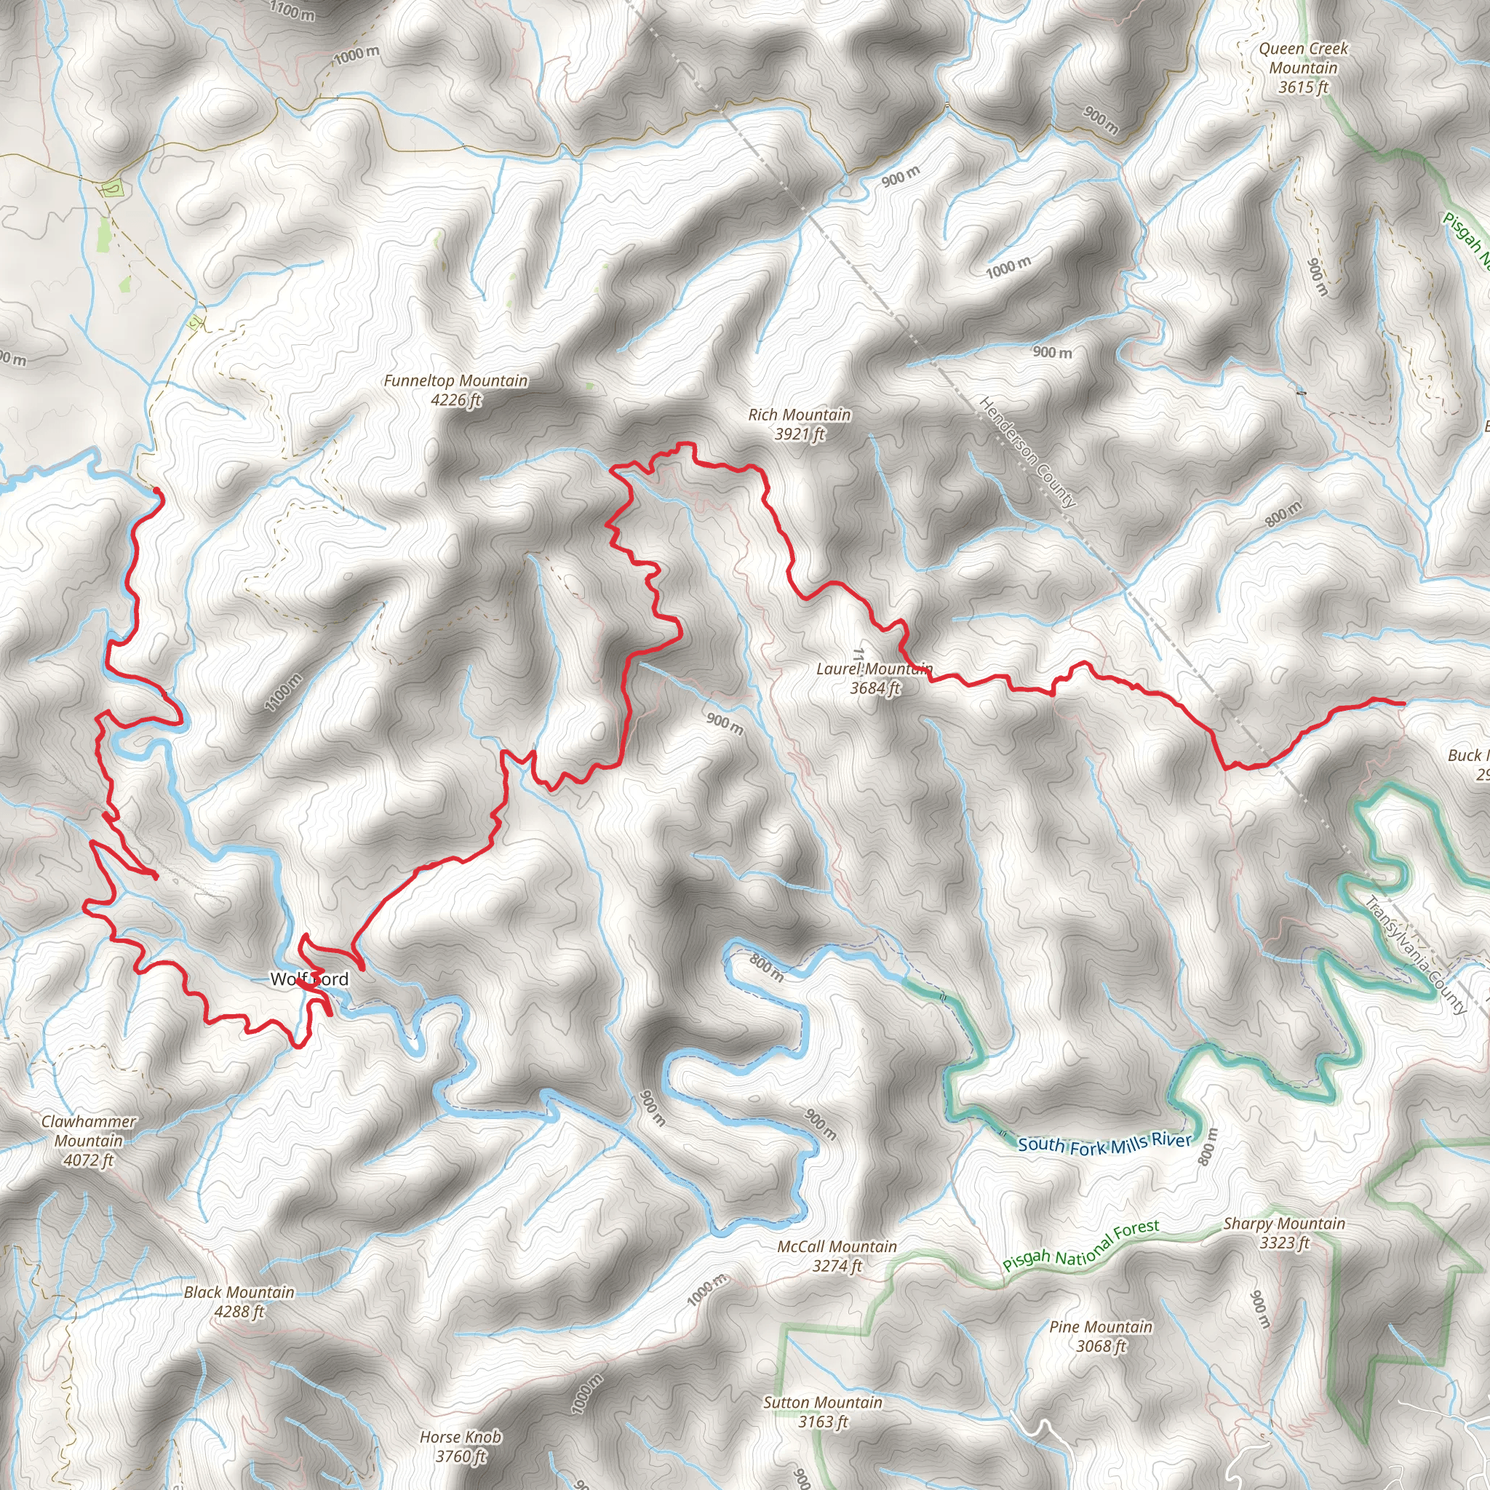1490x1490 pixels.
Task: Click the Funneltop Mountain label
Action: tap(455, 389)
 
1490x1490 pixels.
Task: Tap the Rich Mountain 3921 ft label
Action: tap(799, 424)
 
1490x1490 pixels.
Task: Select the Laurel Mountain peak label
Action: tap(874, 678)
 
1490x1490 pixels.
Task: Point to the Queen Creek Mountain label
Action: tap(1303, 68)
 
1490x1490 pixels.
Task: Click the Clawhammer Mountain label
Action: tap(89, 1141)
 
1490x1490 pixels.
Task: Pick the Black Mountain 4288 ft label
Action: tap(239, 1301)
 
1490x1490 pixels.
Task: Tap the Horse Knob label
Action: tap(461, 1446)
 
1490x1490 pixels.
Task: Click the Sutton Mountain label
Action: tap(822, 1411)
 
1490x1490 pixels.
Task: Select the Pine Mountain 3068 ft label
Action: tap(1101, 1336)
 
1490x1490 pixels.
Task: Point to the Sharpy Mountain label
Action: tap(1284, 1232)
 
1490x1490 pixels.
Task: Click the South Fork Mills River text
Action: tap(1104, 1144)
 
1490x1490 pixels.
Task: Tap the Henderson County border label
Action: tap(1027, 452)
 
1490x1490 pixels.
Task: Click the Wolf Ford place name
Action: tap(309, 979)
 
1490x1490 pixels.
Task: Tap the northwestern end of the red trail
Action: tap(156, 490)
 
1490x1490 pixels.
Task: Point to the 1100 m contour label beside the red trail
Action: tap(284, 692)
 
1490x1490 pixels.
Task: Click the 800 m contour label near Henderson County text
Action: tap(1283, 514)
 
